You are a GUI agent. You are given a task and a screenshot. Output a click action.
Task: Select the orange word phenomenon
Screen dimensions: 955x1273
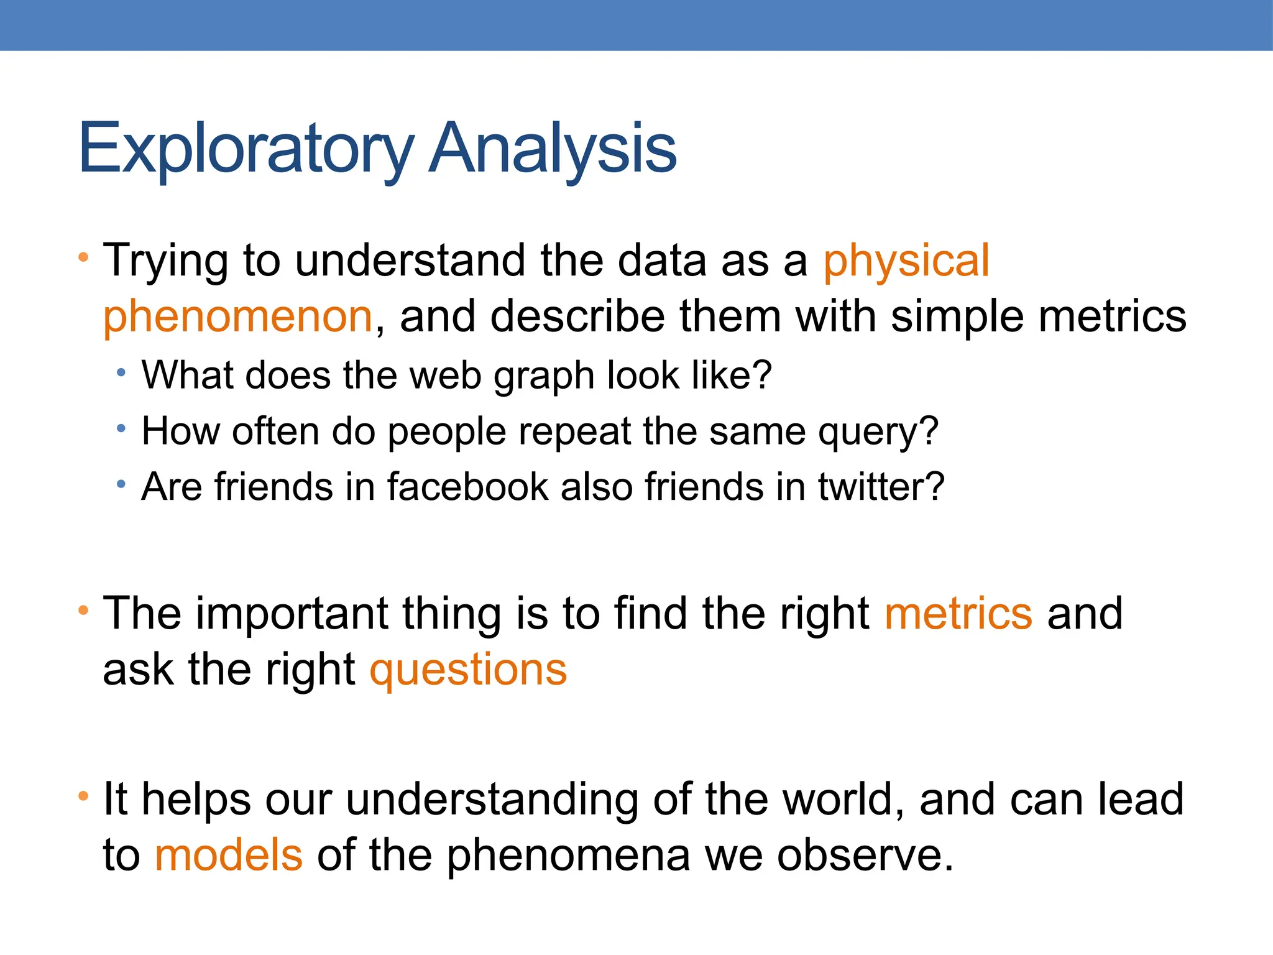(237, 316)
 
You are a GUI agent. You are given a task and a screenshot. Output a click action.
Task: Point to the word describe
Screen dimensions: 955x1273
(577, 316)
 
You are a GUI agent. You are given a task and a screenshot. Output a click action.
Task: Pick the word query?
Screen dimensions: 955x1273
(878, 431)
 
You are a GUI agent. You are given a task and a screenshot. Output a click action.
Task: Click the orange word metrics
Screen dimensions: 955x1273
(958, 613)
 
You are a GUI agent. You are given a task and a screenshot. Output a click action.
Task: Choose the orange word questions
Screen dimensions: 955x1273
(468, 670)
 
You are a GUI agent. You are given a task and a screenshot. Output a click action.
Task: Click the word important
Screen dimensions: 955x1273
(292, 613)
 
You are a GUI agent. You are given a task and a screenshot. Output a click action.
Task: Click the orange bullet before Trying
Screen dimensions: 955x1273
(83, 257)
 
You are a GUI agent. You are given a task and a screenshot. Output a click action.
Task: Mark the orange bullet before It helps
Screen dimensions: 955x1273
(83, 795)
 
